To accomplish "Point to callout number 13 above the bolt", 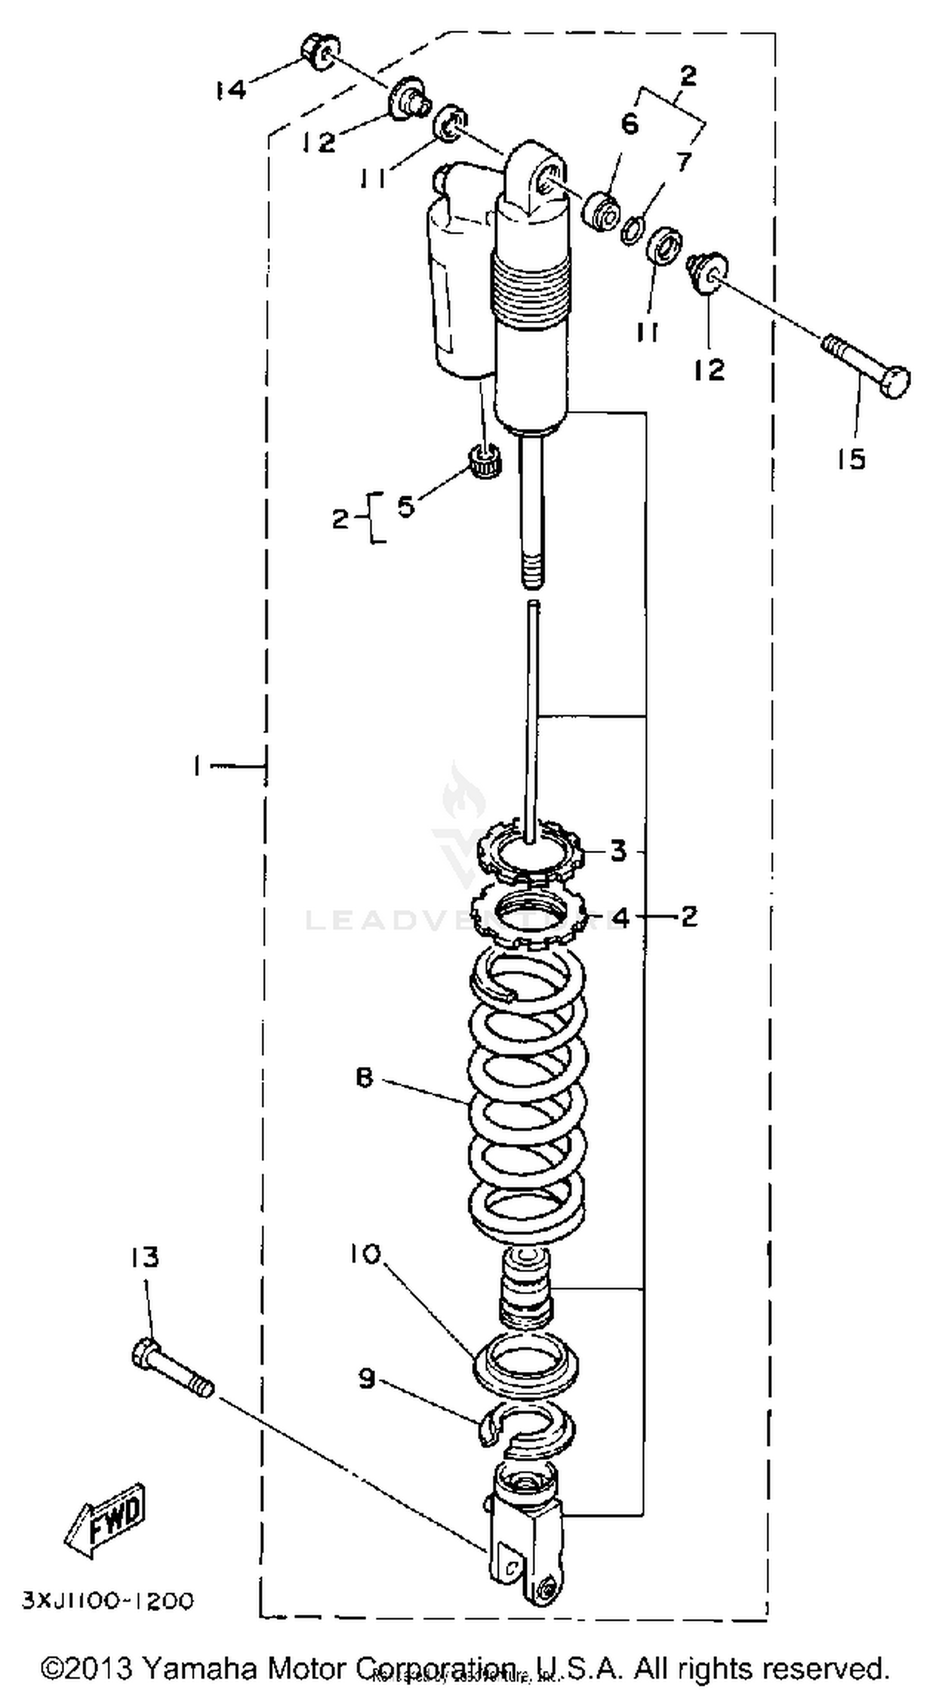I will pos(144,1257).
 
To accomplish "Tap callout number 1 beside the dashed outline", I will pos(197,765).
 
